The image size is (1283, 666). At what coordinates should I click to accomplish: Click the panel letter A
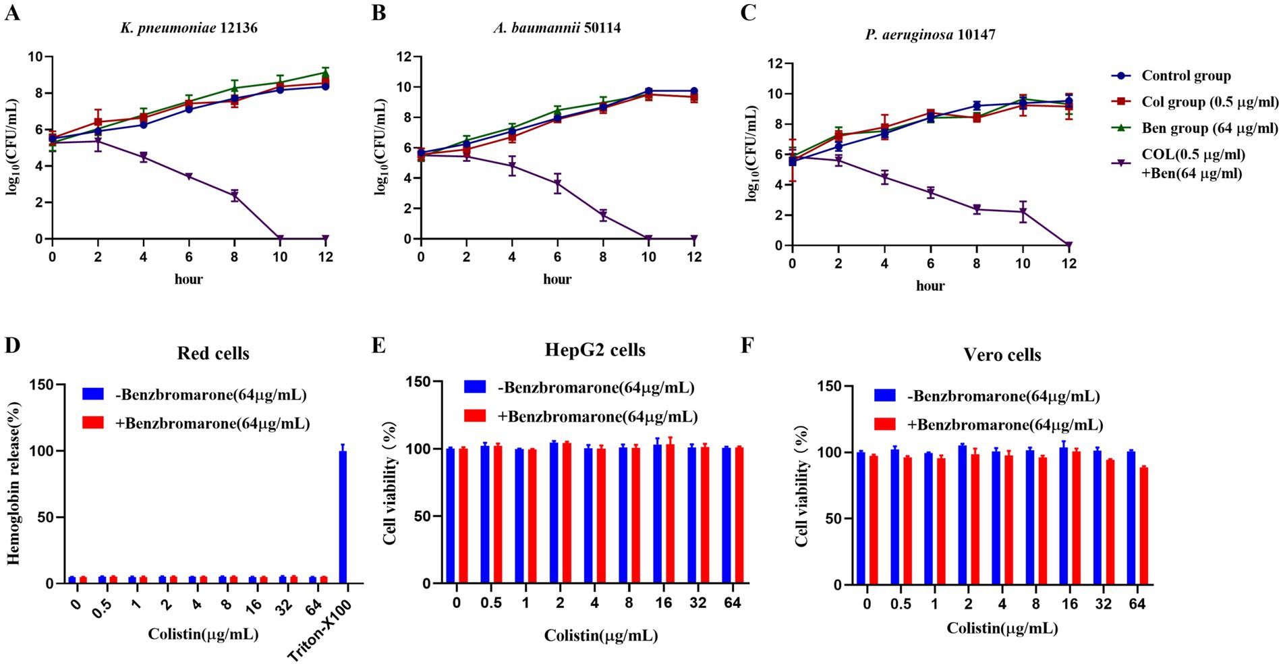click(12, 13)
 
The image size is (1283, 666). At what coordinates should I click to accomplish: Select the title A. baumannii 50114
click(557, 28)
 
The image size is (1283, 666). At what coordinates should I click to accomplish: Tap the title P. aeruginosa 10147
click(930, 34)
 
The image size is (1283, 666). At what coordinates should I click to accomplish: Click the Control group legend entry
click(1186, 76)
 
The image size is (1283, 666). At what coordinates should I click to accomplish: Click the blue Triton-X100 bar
click(343, 516)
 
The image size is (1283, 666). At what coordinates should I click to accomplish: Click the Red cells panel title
click(213, 354)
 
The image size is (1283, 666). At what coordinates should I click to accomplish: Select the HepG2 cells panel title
click(595, 350)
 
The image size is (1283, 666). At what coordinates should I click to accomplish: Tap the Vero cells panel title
click(1002, 355)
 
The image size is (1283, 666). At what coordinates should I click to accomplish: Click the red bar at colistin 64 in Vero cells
click(1143, 526)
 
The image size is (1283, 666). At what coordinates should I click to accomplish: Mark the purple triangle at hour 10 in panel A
click(280, 239)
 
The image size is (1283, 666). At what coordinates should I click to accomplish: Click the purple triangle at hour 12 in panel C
click(1068, 245)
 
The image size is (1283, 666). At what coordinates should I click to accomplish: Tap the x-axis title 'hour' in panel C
click(930, 286)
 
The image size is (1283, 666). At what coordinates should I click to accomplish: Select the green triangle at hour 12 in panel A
click(325, 73)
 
